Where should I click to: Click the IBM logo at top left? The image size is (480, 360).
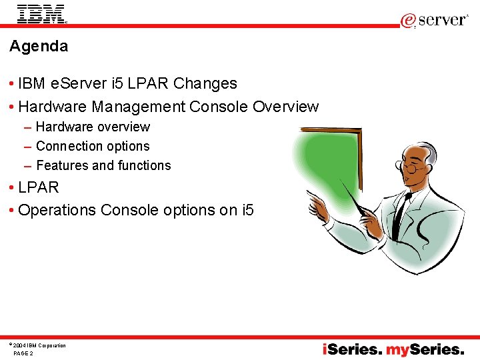41,13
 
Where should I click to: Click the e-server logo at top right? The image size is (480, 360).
434,20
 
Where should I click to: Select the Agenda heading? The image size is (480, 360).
39,46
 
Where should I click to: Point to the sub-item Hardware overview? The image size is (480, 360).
93,127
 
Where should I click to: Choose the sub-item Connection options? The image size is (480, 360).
93,146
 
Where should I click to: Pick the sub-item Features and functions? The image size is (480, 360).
103,165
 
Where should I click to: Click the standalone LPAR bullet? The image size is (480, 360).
39,187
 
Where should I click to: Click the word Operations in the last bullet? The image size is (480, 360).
57,210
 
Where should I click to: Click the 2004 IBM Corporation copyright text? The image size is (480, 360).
39,345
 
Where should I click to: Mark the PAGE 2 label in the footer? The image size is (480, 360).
23,353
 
